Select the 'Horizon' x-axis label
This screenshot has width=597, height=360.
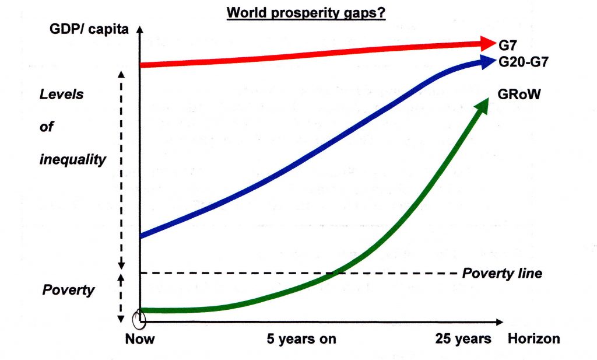click(533, 338)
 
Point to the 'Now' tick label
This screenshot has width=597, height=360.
click(139, 338)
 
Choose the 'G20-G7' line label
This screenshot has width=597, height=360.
click(523, 61)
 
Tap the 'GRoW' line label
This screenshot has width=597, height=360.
click(517, 93)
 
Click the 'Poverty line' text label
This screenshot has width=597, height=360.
click(502, 273)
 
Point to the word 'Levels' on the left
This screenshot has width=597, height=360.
click(61, 95)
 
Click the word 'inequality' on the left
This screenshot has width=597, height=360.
click(73, 159)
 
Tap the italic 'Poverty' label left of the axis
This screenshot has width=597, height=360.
click(68, 290)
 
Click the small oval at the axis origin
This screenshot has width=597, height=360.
click(139, 318)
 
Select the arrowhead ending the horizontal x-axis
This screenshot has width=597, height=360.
click(499, 321)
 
